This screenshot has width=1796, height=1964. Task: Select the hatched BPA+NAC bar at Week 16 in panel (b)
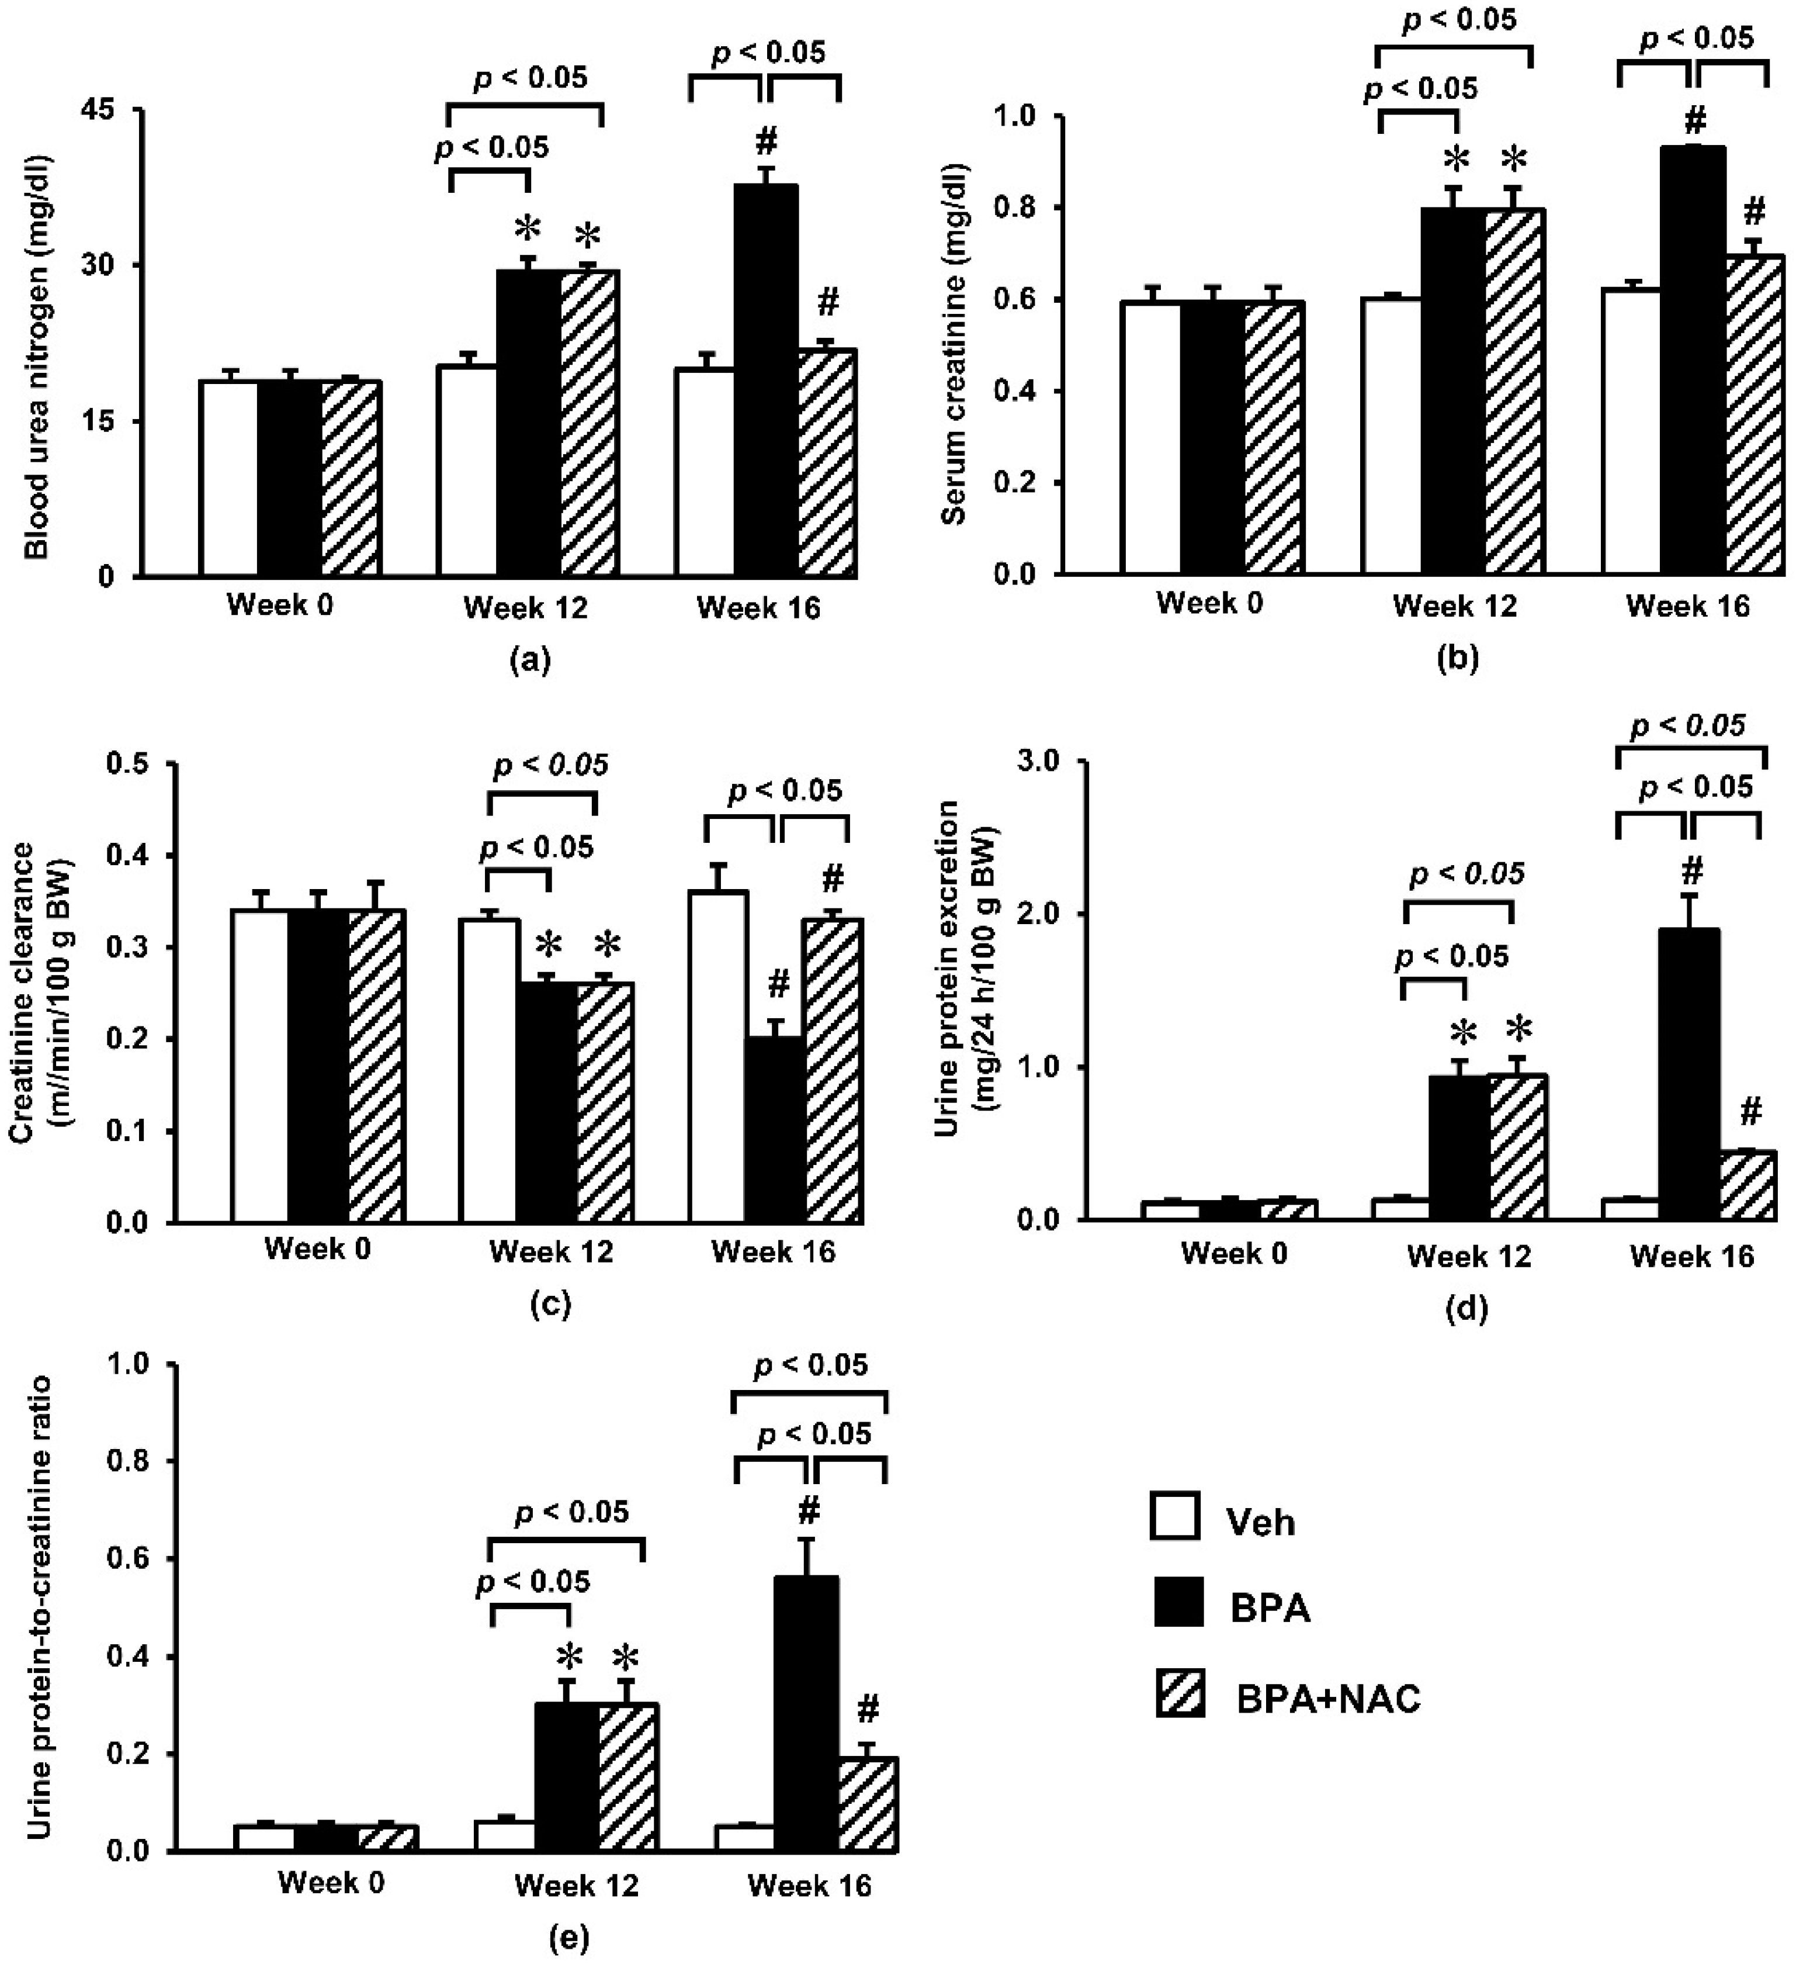(x=1753, y=414)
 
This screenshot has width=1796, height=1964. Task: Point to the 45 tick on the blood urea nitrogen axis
(x=102, y=110)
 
